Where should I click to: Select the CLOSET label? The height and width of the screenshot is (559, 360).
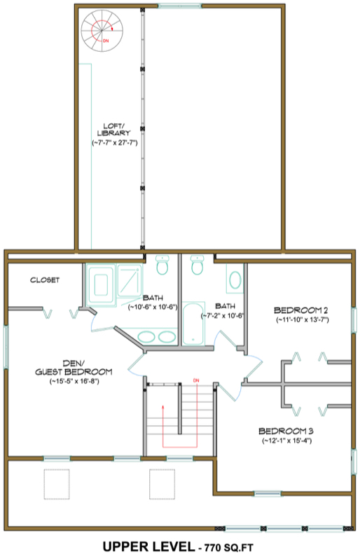(45, 280)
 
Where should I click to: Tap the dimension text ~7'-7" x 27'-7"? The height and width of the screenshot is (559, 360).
(113, 142)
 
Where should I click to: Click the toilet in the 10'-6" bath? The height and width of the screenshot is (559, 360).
(162, 267)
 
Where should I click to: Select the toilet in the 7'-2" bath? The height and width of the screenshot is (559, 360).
(197, 267)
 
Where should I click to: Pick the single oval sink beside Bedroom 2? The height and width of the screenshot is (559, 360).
(234, 279)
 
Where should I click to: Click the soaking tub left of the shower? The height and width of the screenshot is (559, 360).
(100, 284)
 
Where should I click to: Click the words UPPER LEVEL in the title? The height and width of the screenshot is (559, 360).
(147, 545)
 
